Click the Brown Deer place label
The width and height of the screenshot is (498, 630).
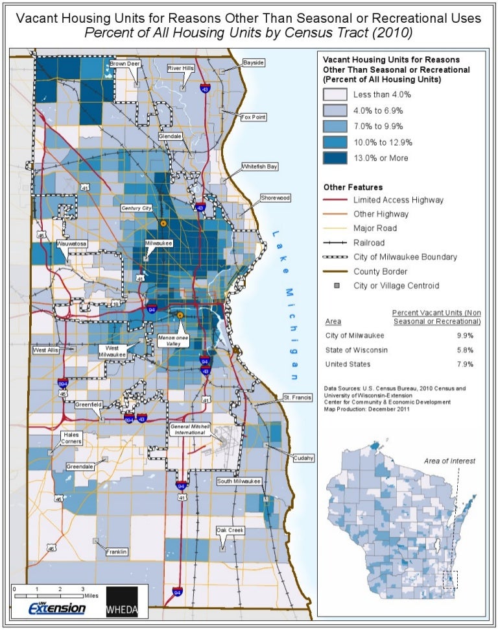[124, 64]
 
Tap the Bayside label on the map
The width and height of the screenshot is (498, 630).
[253, 63]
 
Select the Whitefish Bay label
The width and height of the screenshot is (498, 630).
[260, 166]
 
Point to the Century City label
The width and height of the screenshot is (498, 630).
[136, 208]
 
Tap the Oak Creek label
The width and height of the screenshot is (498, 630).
[230, 531]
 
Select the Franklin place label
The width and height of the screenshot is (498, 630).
[117, 552]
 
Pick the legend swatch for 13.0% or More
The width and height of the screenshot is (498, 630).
[335, 158]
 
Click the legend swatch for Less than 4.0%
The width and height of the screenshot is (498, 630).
[335, 94]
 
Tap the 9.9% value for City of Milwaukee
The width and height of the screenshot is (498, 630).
[464, 336]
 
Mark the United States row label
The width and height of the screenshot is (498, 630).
[349, 364]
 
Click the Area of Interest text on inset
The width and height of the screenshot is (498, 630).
[449, 460]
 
